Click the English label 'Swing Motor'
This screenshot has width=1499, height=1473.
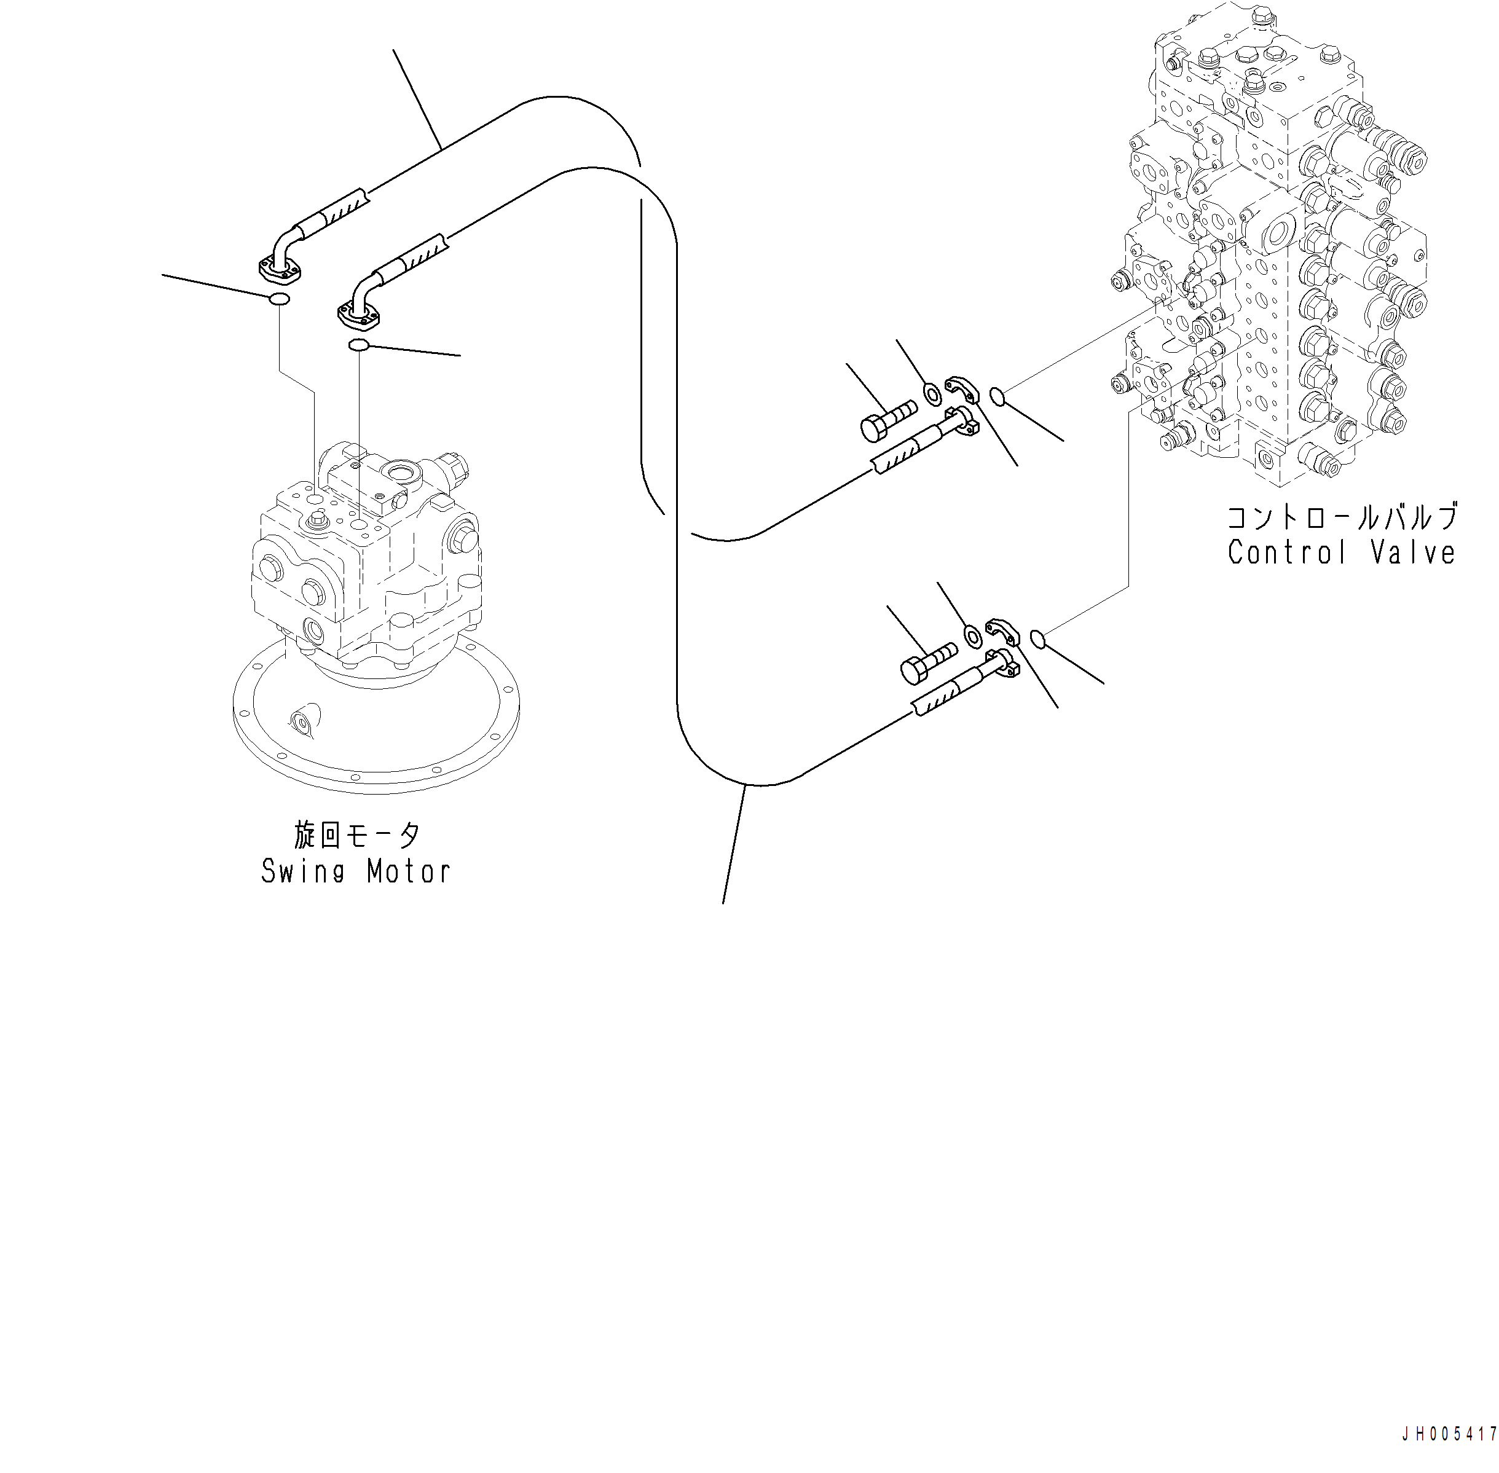coord(355,872)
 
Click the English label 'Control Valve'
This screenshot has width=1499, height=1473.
coord(1341,552)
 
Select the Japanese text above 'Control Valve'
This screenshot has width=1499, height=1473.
coord(1342,516)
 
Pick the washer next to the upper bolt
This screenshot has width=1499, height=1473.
coord(934,393)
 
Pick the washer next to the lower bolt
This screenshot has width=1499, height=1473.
coord(973,636)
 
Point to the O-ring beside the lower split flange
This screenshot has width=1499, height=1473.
coord(1039,638)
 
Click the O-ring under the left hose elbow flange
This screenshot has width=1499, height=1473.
coord(278,299)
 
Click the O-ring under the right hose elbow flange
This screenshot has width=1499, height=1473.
coord(358,345)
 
